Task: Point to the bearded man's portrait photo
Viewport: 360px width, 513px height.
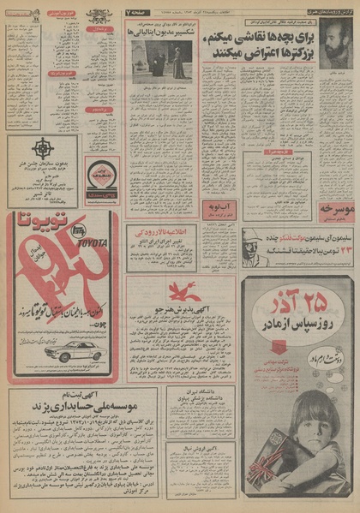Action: [336, 48]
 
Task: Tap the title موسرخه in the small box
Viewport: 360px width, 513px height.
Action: [335, 208]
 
